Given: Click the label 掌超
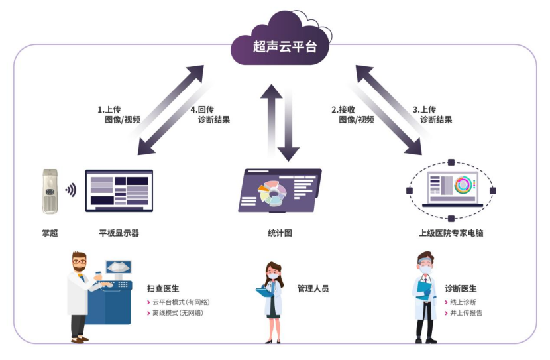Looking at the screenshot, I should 50,233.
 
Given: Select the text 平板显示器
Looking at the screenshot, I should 119,233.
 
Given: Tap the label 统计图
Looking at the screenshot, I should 275,233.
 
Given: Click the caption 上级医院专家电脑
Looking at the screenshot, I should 451,233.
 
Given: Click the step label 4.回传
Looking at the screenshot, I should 203,109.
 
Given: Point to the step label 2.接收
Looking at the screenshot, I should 343,109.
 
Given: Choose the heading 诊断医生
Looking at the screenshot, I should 461,289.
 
